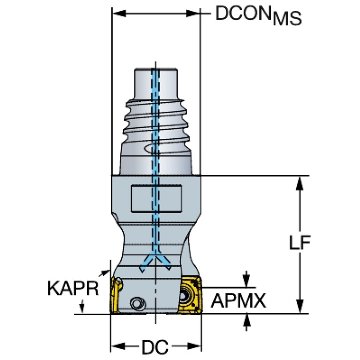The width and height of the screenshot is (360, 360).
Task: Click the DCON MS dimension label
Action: pos(258,15)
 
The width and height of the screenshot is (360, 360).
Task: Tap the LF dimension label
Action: pos(300,243)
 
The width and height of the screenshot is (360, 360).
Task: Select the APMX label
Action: pos(239,301)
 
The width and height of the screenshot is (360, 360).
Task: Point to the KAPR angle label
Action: pos(73,288)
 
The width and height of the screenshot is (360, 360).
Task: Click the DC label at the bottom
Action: pos(155,347)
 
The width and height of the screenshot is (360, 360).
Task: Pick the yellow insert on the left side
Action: pos(116,295)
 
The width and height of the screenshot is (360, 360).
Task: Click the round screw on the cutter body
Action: pos(138,304)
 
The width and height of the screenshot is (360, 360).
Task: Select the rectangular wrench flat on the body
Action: pos(156,199)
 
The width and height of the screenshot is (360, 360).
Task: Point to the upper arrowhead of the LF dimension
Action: pos(300,184)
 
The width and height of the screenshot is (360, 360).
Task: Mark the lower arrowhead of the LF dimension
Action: pos(300,306)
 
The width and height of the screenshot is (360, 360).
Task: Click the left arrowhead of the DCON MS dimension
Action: pos(119,13)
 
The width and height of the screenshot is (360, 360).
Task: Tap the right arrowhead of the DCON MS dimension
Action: pos(193,13)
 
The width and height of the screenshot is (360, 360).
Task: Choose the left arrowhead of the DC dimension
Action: pos(118,346)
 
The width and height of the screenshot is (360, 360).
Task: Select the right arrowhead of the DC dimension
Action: pos(195,346)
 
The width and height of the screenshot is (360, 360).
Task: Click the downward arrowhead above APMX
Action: pos(246,281)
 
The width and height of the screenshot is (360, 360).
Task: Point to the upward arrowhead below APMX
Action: pos(246,320)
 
